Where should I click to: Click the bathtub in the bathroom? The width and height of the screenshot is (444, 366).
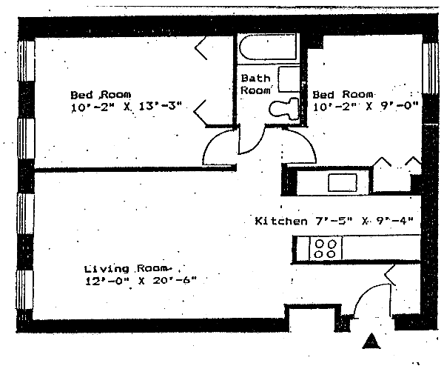[x=268, y=47]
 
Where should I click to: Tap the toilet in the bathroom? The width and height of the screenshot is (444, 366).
[x=284, y=109]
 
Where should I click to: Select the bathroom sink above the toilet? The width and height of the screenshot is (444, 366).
[x=289, y=79]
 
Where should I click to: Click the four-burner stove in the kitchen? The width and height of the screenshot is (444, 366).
[x=326, y=248]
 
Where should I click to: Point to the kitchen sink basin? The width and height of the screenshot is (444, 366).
[x=343, y=182]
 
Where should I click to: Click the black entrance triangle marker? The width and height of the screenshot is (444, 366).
[x=371, y=341]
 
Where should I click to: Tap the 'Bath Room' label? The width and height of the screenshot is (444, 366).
[x=255, y=84]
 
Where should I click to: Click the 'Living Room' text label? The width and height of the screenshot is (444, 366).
[x=128, y=268]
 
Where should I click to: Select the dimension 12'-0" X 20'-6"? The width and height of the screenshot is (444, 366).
[x=141, y=282]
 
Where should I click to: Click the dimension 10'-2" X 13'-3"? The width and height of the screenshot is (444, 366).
[x=126, y=107]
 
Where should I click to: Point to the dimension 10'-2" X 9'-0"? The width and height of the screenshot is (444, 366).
[x=366, y=107]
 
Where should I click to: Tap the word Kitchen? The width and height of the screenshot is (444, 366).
[x=281, y=221]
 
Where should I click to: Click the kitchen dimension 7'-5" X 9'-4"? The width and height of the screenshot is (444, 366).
[x=364, y=221]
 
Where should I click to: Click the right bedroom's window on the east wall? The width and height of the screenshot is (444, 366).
[x=430, y=68]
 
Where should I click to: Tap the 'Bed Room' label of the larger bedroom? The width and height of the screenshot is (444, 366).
[x=101, y=94]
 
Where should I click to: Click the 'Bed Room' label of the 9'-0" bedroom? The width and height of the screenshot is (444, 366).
[x=343, y=94]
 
